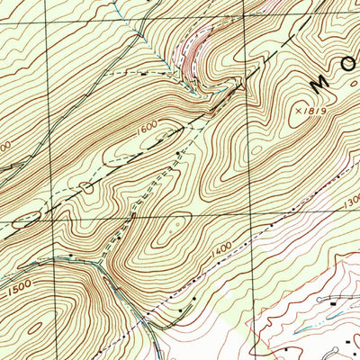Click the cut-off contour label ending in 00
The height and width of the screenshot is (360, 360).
(x=4, y=145)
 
